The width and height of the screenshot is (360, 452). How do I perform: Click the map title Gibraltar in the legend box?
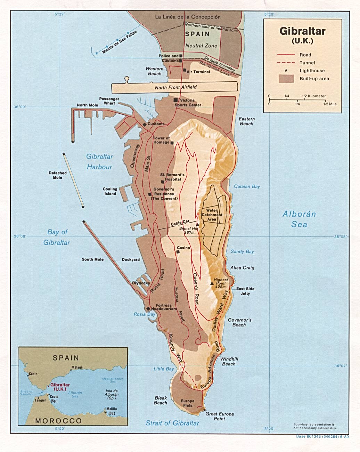[302, 31]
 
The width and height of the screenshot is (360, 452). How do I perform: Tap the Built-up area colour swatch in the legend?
[286, 79]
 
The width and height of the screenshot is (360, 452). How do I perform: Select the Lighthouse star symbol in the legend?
[286, 71]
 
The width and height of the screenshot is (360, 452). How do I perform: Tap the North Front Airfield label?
[175, 87]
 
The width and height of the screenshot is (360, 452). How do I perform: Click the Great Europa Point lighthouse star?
[205, 410]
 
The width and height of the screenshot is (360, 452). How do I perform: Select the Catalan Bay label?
[247, 187]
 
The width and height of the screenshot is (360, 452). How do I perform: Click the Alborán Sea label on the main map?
[299, 219]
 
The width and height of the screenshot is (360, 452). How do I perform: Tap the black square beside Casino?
[178, 252]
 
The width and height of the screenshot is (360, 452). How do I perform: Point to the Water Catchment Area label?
[212, 215]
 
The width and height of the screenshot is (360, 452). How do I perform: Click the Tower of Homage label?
[161, 140]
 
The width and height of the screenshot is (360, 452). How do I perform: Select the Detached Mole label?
[58, 175]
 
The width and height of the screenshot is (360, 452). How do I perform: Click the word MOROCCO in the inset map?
[58, 421]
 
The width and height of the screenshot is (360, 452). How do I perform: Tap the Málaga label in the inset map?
[77, 368]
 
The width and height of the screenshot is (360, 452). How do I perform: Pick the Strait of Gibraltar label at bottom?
[172, 423]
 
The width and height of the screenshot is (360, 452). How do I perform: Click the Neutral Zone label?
[201, 46]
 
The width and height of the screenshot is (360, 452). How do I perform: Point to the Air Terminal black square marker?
[185, 70]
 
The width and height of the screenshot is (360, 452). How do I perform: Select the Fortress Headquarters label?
[164, 307]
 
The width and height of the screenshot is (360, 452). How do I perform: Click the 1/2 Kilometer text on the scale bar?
[314, 96]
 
